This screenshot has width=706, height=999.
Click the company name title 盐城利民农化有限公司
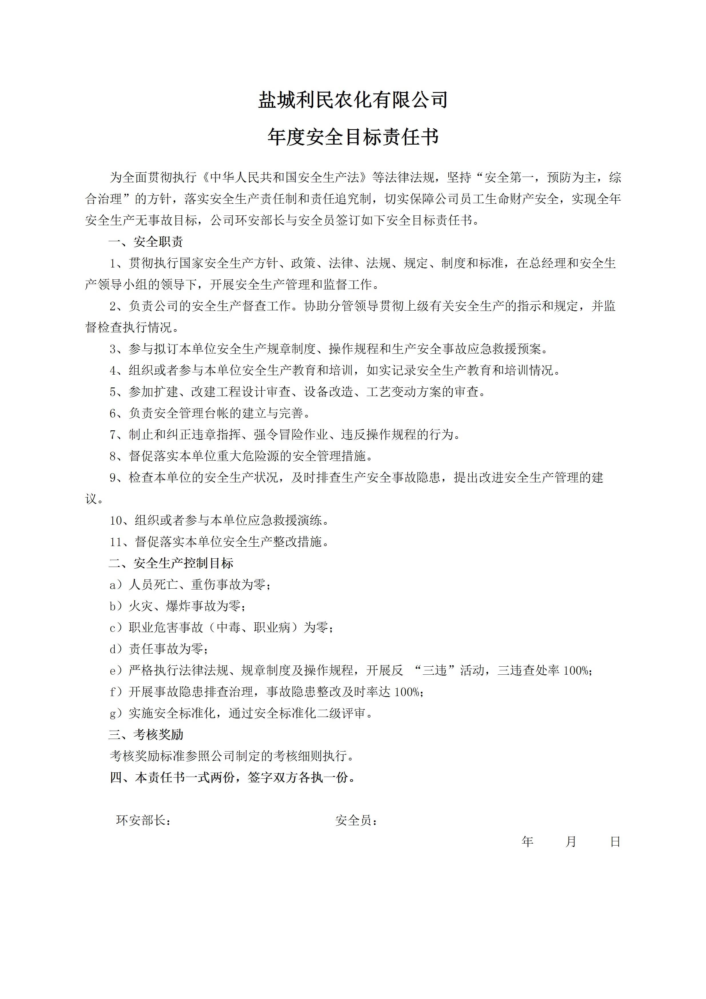coord(353,100)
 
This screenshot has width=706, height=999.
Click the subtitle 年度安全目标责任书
coord(353,137)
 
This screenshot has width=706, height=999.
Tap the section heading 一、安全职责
coord(146,242)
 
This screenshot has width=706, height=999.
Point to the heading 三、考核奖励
coord(146,735)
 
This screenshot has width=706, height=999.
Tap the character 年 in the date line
coord(528,842)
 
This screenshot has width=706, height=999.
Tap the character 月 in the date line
coord(571,842)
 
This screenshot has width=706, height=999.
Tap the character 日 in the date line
coord(615,842)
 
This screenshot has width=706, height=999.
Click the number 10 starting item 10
coord(116,520)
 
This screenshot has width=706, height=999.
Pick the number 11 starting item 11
coord(116,542)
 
